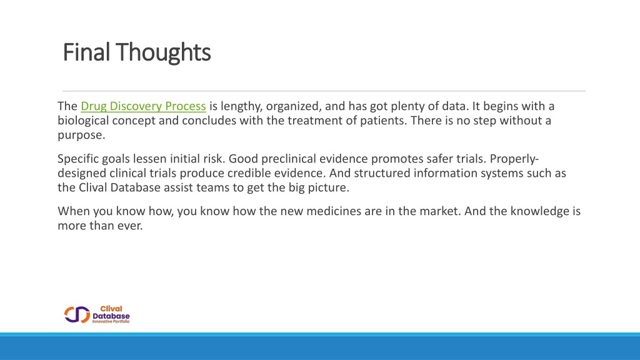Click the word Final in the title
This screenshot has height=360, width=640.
pos(86,52)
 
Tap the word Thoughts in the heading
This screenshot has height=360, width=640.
pos(163,52)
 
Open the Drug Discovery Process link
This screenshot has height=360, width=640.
pos(143,106)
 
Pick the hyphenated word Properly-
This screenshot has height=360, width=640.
pos(514,159)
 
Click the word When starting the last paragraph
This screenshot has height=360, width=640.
pos(74,211)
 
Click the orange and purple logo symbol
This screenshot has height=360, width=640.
pos(77,314)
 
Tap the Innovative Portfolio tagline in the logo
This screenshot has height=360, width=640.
pos(111,322)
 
